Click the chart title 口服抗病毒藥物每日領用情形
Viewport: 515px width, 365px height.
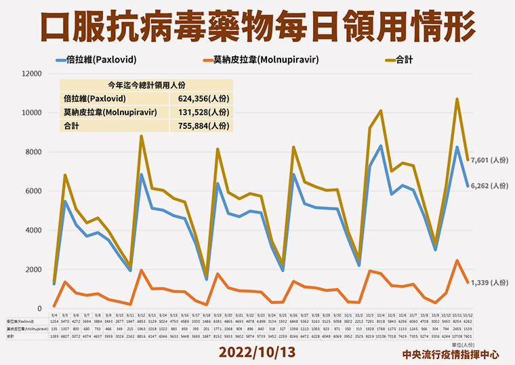[257, 29]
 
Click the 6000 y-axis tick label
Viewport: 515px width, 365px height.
[36, 191]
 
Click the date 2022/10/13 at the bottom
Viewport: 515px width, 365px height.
[257, 353]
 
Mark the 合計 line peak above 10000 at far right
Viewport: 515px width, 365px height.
[457, 99]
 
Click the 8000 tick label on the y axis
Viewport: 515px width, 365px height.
[36, 152]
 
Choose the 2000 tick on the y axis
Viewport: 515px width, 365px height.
[36, 269]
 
